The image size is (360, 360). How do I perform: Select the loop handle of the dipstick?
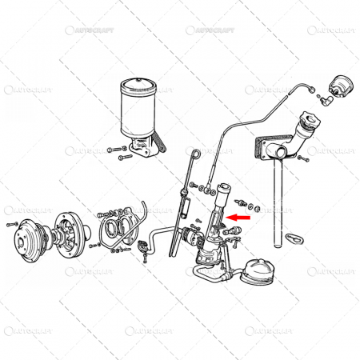(195, 151)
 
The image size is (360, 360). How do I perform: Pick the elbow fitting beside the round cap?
(326, 102)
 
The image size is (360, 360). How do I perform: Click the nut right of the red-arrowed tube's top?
(243, 200)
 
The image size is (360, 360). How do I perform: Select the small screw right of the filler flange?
(303, 159)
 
